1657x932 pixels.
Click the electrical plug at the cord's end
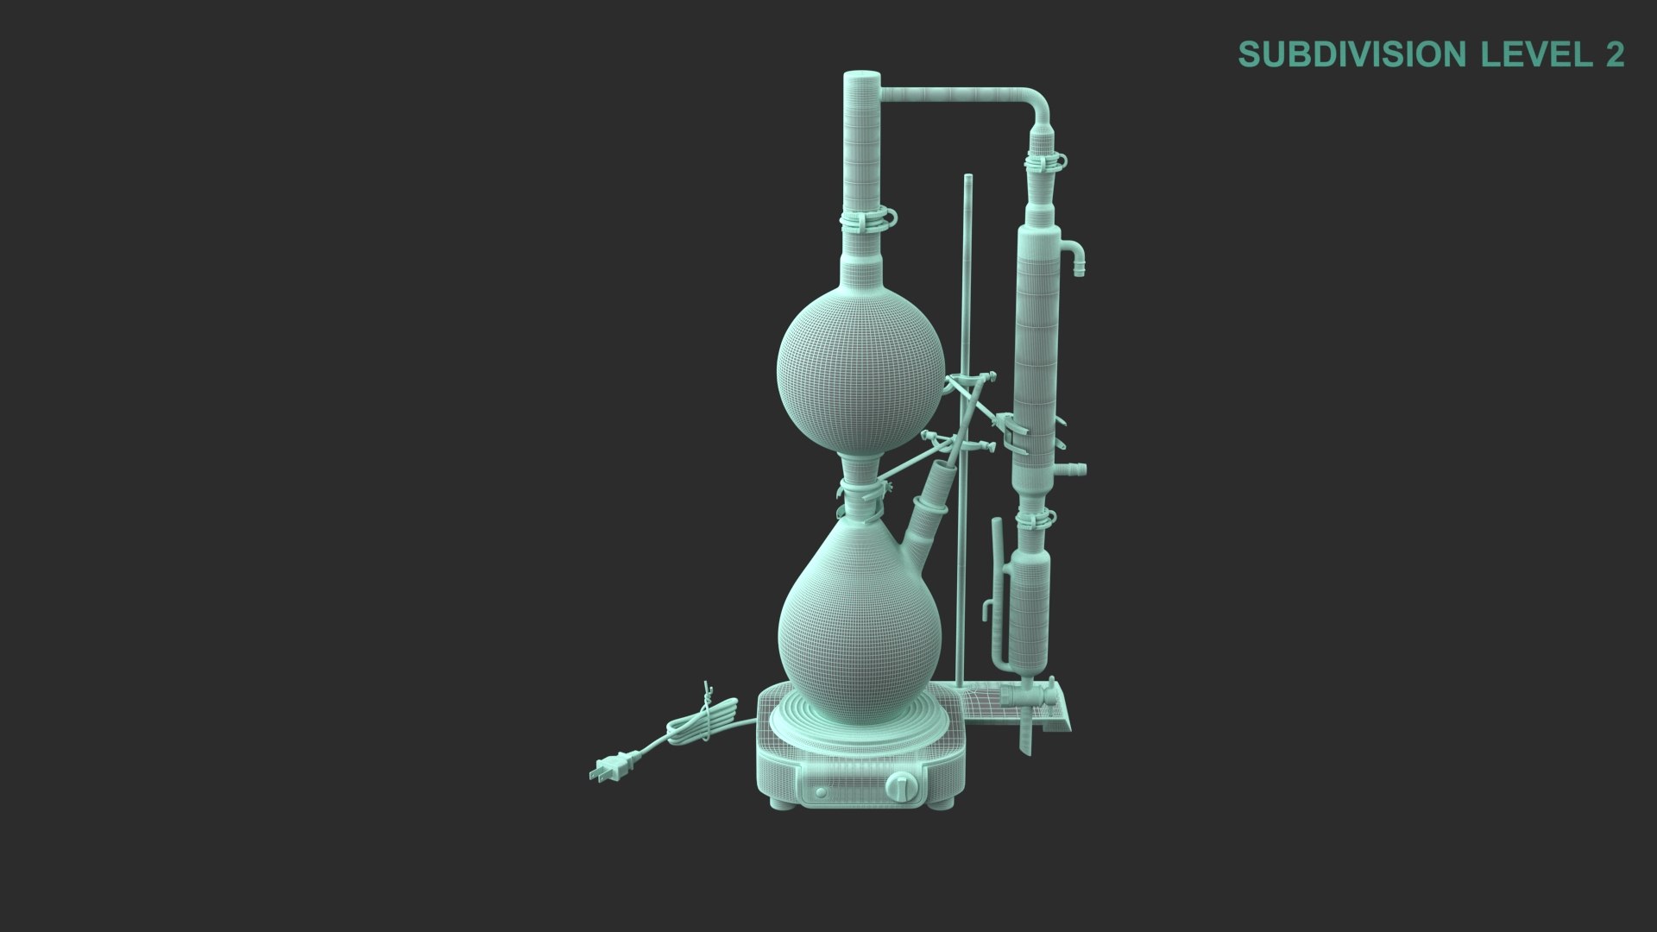pyautogui.click(x=608, y=767)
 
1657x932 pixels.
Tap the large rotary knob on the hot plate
pyautogui.click(x=903, y=786)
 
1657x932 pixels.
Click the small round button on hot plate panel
pyautogui.click(x=821, y=791)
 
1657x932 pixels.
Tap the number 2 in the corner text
pyautogui.click(x=1615, y=54)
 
